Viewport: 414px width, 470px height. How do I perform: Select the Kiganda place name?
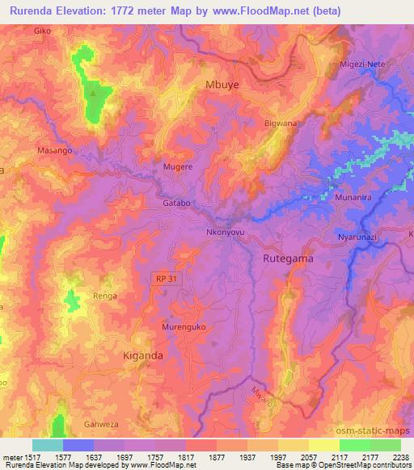point(142,355)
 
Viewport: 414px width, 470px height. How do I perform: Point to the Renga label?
point(104,296)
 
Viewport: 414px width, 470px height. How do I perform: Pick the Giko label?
point(43,31)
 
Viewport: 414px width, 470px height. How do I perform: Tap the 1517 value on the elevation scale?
point(33,455)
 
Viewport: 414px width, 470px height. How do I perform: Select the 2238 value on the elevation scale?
point(399,455)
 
